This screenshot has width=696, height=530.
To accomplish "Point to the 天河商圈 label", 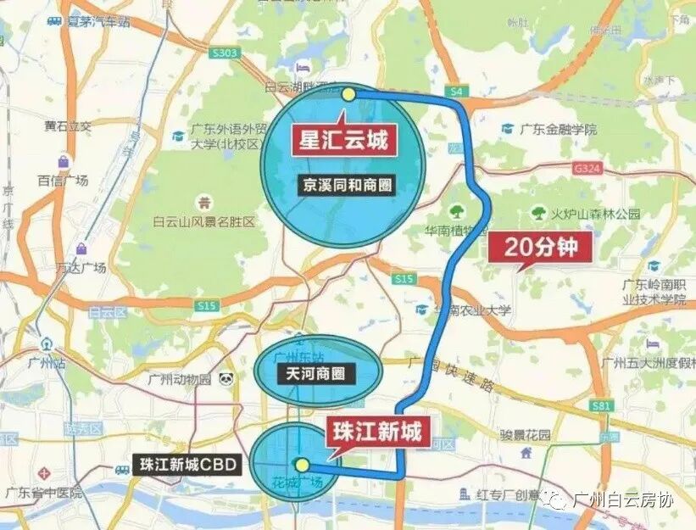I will pos(318,372).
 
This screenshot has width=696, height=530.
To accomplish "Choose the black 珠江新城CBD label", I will pos(187,465).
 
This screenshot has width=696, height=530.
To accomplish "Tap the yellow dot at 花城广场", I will pos(301,465).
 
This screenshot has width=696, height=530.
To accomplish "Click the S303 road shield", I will pos(225,53).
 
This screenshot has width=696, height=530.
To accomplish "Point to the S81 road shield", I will pos(602,406).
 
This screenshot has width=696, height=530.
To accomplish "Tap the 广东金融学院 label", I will pos(558,130).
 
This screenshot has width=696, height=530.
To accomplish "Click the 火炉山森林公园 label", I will pos(597,214).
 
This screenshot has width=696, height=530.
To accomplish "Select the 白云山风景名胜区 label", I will pos(203,222).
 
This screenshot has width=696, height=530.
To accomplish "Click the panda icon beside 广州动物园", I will pos(226,379).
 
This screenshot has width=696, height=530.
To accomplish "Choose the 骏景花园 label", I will pos(525,436).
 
